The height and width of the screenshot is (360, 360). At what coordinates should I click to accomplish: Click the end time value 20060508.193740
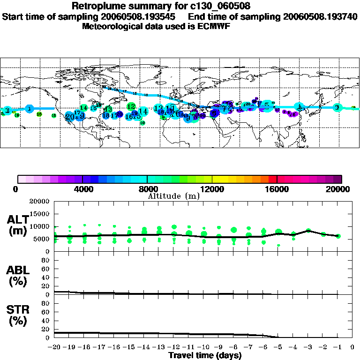point(321,17)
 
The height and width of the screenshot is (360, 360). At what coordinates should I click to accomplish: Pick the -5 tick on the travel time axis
point(278,347)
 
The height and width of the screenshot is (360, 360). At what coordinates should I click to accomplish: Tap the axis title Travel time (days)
point(204,355)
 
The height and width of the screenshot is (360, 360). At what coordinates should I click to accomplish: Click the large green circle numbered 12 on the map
point(131,106)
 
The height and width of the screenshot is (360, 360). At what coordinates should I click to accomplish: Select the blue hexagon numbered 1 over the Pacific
point(30,108)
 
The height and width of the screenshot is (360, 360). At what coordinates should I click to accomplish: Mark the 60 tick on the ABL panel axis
point(46,269)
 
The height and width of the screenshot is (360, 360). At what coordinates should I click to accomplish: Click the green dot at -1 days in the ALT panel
point(338,236)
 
